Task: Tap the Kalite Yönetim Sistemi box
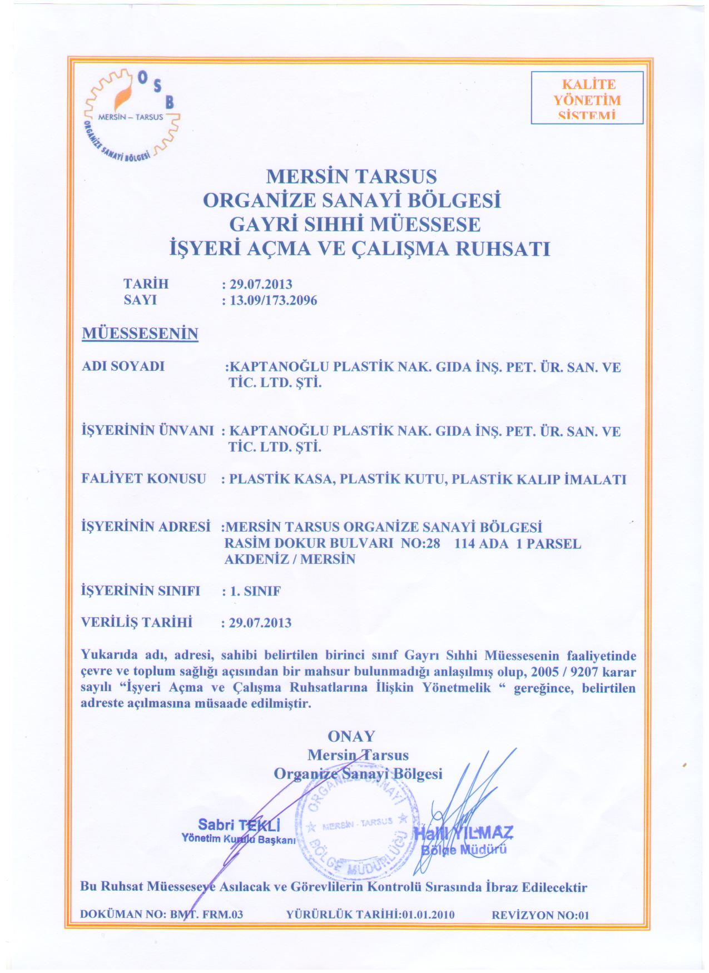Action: (587, 98)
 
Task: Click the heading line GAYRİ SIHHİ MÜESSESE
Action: (355, 224)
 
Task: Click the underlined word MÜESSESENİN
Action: (140, 334)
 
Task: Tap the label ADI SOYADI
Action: (123, 366)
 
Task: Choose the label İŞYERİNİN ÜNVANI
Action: (147, 430)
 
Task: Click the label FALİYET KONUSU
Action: (143, 479)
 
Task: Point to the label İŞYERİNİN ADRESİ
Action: (146, 526)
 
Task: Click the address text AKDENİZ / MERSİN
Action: (290, 559)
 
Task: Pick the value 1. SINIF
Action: (255, 591)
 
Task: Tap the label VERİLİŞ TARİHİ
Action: (137, 622)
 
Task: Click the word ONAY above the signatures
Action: (351, 736)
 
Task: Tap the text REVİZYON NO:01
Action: (541, 915)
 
